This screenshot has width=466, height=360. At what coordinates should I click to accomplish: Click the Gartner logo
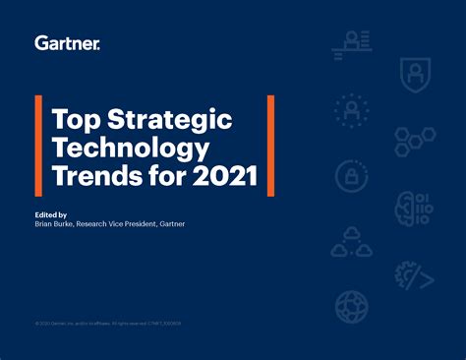(67, 42)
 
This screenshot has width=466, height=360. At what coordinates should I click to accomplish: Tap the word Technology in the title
(131, 150)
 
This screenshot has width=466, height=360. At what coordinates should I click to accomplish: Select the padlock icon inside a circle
(352, 177)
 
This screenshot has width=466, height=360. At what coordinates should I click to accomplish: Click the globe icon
(352, 308)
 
